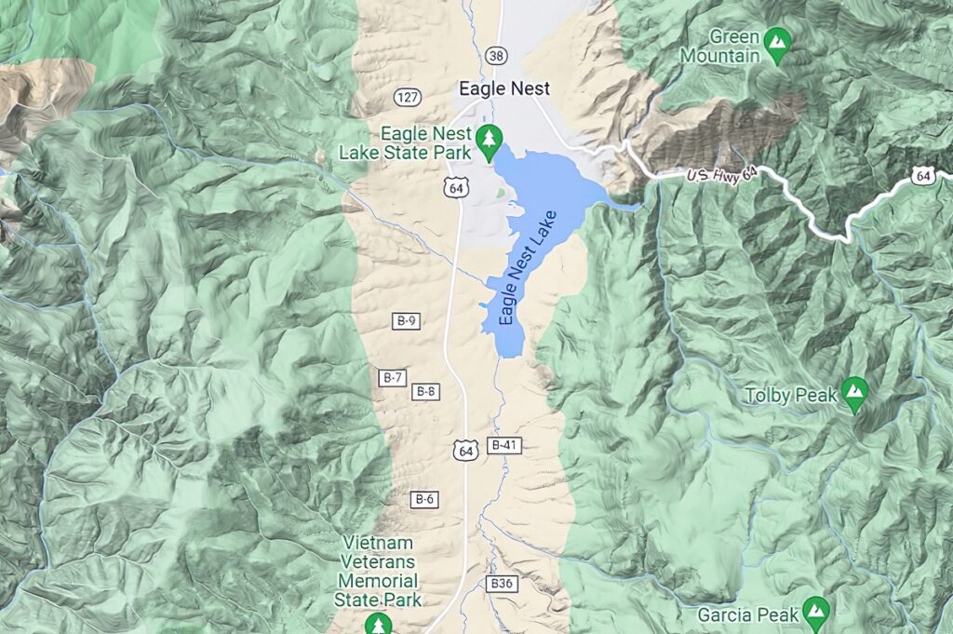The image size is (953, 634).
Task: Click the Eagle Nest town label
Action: [x=503, y=88]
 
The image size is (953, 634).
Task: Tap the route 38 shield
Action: [x=496, y=56]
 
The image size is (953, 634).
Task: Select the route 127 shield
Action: [x=408, y=97]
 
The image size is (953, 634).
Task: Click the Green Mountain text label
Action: [x=719, y=47]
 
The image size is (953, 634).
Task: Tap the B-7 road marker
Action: [x=393, y=377]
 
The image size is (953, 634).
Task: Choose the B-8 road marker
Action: [x=425, y=391]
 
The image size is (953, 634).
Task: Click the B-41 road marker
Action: [x=503, y=445]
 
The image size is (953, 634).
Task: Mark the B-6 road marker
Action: [x=424, y=500]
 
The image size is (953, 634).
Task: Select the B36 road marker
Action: [x=501, y=584]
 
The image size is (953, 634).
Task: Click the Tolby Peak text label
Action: [x=791, y=396]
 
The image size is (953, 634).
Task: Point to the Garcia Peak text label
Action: [x=750, y=614]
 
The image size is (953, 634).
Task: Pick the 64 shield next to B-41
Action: [x=464, y=451]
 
